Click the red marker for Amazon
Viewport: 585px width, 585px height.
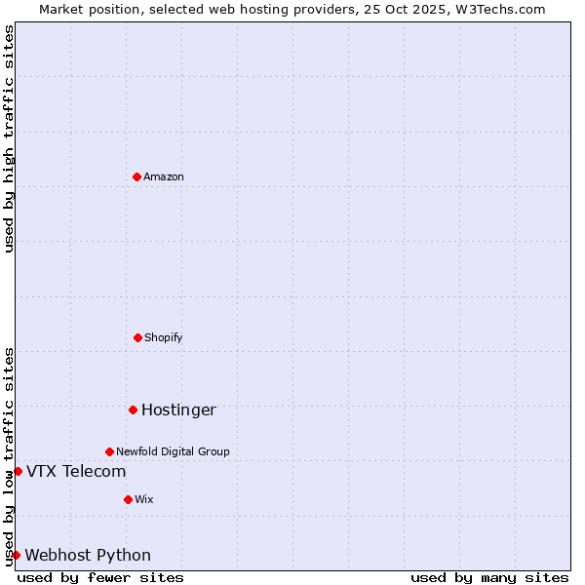click(x=136, y=176)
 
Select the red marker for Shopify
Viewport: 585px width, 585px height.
click(x=137, y=337)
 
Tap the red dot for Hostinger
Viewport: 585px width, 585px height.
click(x=133, y=409)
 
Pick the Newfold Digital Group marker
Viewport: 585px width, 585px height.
click(x=109, y=451)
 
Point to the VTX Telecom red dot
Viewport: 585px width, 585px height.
click(x=18, y=471)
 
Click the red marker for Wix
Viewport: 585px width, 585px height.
click(x=128, y=499)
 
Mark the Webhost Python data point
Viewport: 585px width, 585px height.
click(x=16, y=555)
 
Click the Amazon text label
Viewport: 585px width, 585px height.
click(x=164, y=176)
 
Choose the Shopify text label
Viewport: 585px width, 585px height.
click(x=164, y=337)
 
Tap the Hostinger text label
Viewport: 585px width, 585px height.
click(x=178, y=409)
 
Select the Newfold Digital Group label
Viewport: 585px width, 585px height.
click(x=173, y=451)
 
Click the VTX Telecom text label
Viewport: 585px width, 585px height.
click(x=76, y=472)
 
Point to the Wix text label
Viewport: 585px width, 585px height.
click(x=144, y=499)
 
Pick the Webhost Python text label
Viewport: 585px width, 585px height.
click(x=88, y=556)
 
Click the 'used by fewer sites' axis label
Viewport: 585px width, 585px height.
click(x=100, y=577)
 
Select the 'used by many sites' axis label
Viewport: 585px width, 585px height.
click(x=489, y=577)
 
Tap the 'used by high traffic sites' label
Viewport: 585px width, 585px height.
click(x=9, y=138)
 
